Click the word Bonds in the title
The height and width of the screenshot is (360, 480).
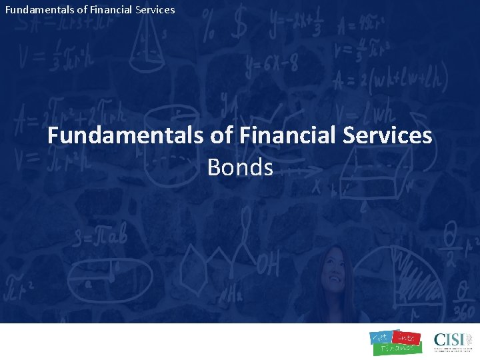tap(240, 167)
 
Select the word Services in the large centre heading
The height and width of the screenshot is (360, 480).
tap(387, 136)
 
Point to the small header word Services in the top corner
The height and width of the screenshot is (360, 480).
tap(153, 9)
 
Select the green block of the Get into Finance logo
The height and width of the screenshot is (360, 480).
tap(396, 347)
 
